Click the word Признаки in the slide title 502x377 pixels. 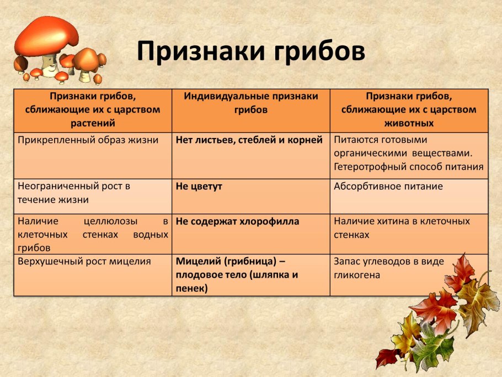pyautogui.click(x=201, y=51)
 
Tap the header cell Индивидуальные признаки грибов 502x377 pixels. pyautogui.click(x=251, y=111)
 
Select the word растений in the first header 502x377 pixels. pyautogui.click(x=93, y=123)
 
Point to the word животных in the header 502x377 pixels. pyautogui.click(x=409, y=123)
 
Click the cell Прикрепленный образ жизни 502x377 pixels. pyautogui.click(x=93, y=156)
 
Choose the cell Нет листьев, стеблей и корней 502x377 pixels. pyautogui.click(x=251, y=156)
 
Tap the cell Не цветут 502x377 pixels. pyautogui.click(x=251, y=197)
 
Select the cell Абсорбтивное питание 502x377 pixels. pyautogui.click(x=409, y=197)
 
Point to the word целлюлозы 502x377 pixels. pyautogui.click(x=110, y=221)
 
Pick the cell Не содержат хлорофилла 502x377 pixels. pyautogui.click(x=251, y=234)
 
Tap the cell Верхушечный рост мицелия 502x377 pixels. pyautogui.click(x=93, y=275)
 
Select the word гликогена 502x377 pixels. pyautogui.click(x=357, y=275)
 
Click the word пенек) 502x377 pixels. pyautogui.click(x=191, y=289)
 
